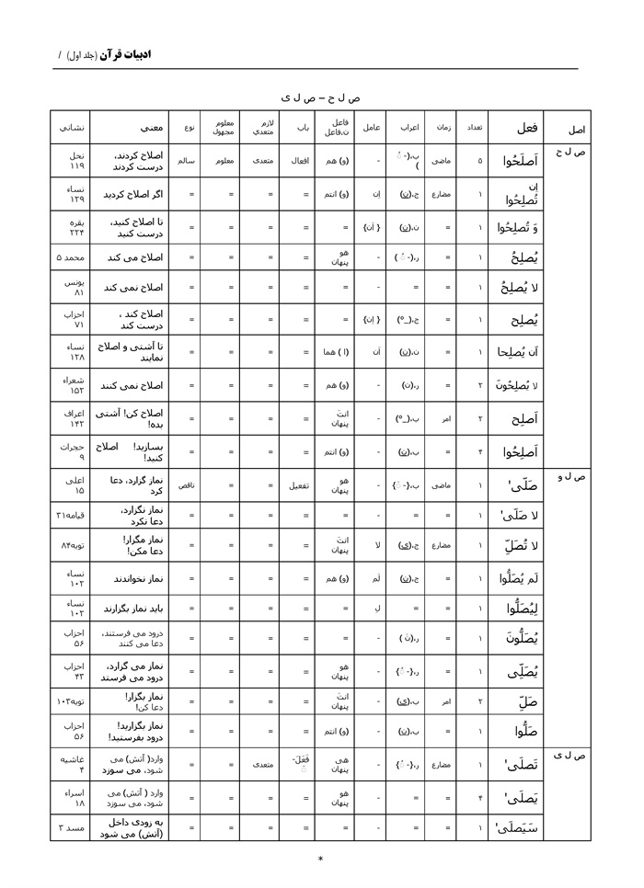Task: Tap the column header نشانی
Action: pyautogui.click(x=70, y=128)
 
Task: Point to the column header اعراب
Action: pyautogui.click(x=409, y=128)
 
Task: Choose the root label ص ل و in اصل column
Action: pyautogui.click(x=571, y=477)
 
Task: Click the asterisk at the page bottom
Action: pyautogui.click(x=320, y=860)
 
